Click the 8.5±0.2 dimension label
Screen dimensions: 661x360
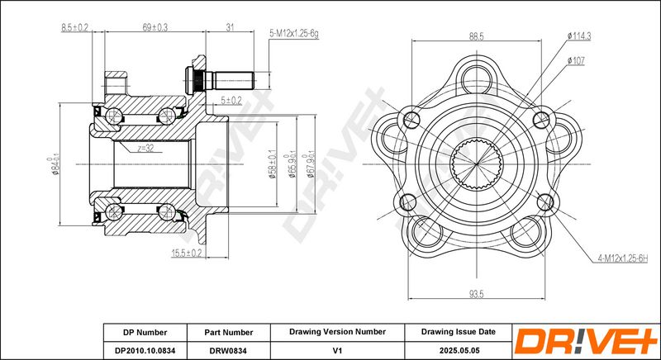(x=74, y=28)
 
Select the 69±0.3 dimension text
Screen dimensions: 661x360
(x=155, y=28)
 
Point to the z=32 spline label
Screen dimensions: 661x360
(x=144, y=148)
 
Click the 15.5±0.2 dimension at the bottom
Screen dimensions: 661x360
(x=187, y=253)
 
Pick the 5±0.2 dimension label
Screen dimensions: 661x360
(x=231, y=100)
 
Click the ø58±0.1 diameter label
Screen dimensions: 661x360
(x=272, y=164)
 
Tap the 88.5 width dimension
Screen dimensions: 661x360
(x=477, y=36)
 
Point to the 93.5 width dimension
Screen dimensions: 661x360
(x=477, y=294)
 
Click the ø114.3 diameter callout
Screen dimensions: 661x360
(x=579, y=36)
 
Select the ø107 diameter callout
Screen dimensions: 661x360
(x=576, y=60)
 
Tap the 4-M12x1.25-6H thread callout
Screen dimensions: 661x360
(x=622, y=259)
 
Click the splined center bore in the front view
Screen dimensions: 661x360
(x=477, y=163)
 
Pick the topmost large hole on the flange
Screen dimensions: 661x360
(x=477, y=79)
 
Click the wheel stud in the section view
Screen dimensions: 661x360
(x=220, y=80)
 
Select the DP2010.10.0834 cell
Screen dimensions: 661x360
(x=145, y=350)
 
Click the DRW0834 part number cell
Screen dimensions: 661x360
(x=229, y=350)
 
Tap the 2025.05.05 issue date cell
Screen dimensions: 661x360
(x=459, y=350)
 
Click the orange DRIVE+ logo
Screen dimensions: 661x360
(x=586, y=341)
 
